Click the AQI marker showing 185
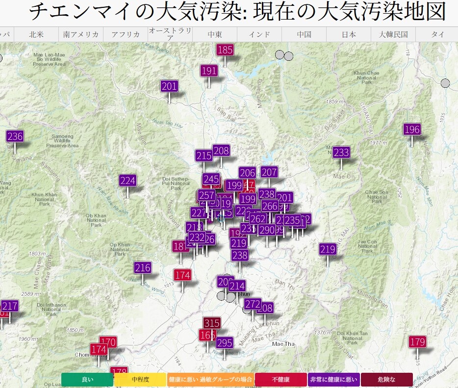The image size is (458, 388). click(225, 50)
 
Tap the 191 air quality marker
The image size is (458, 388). click(209, 71)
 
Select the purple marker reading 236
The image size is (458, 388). click(15, 137)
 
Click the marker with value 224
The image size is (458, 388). click(127, 181)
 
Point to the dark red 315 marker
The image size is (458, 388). click(212, 323)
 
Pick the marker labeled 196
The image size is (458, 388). click(412, 129)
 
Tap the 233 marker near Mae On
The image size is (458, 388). click(341, 153)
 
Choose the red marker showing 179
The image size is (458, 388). click(417, 342)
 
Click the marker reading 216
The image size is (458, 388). click(143, 268)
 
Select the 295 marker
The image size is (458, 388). click(225, 342)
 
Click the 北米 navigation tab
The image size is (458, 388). click(36, 35)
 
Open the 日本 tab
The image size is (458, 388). click(349, 35)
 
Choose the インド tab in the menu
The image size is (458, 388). click(259, 35)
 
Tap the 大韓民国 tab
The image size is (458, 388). click(393, 35)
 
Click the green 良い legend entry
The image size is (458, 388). click(87, 380)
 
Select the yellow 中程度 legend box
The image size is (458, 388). click(140, 380)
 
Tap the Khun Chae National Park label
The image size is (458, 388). click(367, 78)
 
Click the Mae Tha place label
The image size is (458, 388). click(284, 344)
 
